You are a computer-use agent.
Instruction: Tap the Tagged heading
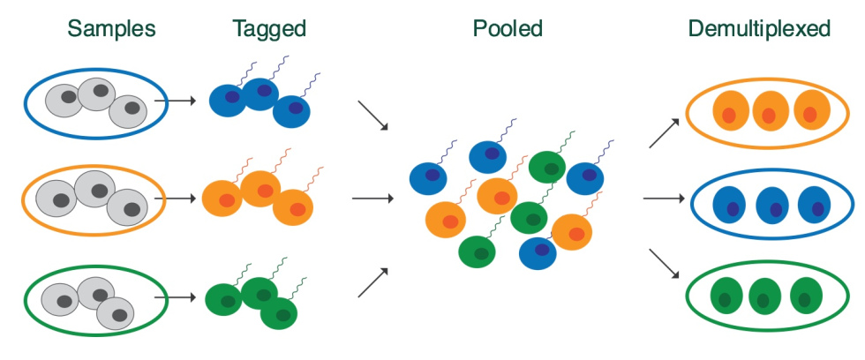[x=269, y=28]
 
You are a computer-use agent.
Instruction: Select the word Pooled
[x=508, y=28]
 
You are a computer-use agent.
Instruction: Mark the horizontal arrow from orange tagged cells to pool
[x=372, y=198]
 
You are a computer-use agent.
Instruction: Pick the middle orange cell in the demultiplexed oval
[x=770, y=110]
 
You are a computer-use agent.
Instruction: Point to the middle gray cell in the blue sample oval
[x=97, y=93]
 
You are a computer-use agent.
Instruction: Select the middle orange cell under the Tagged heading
[x=259, y=189]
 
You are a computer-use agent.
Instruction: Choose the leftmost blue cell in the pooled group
[x=429, y=177]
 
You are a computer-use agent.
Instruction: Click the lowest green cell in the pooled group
[x=478, y=251]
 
